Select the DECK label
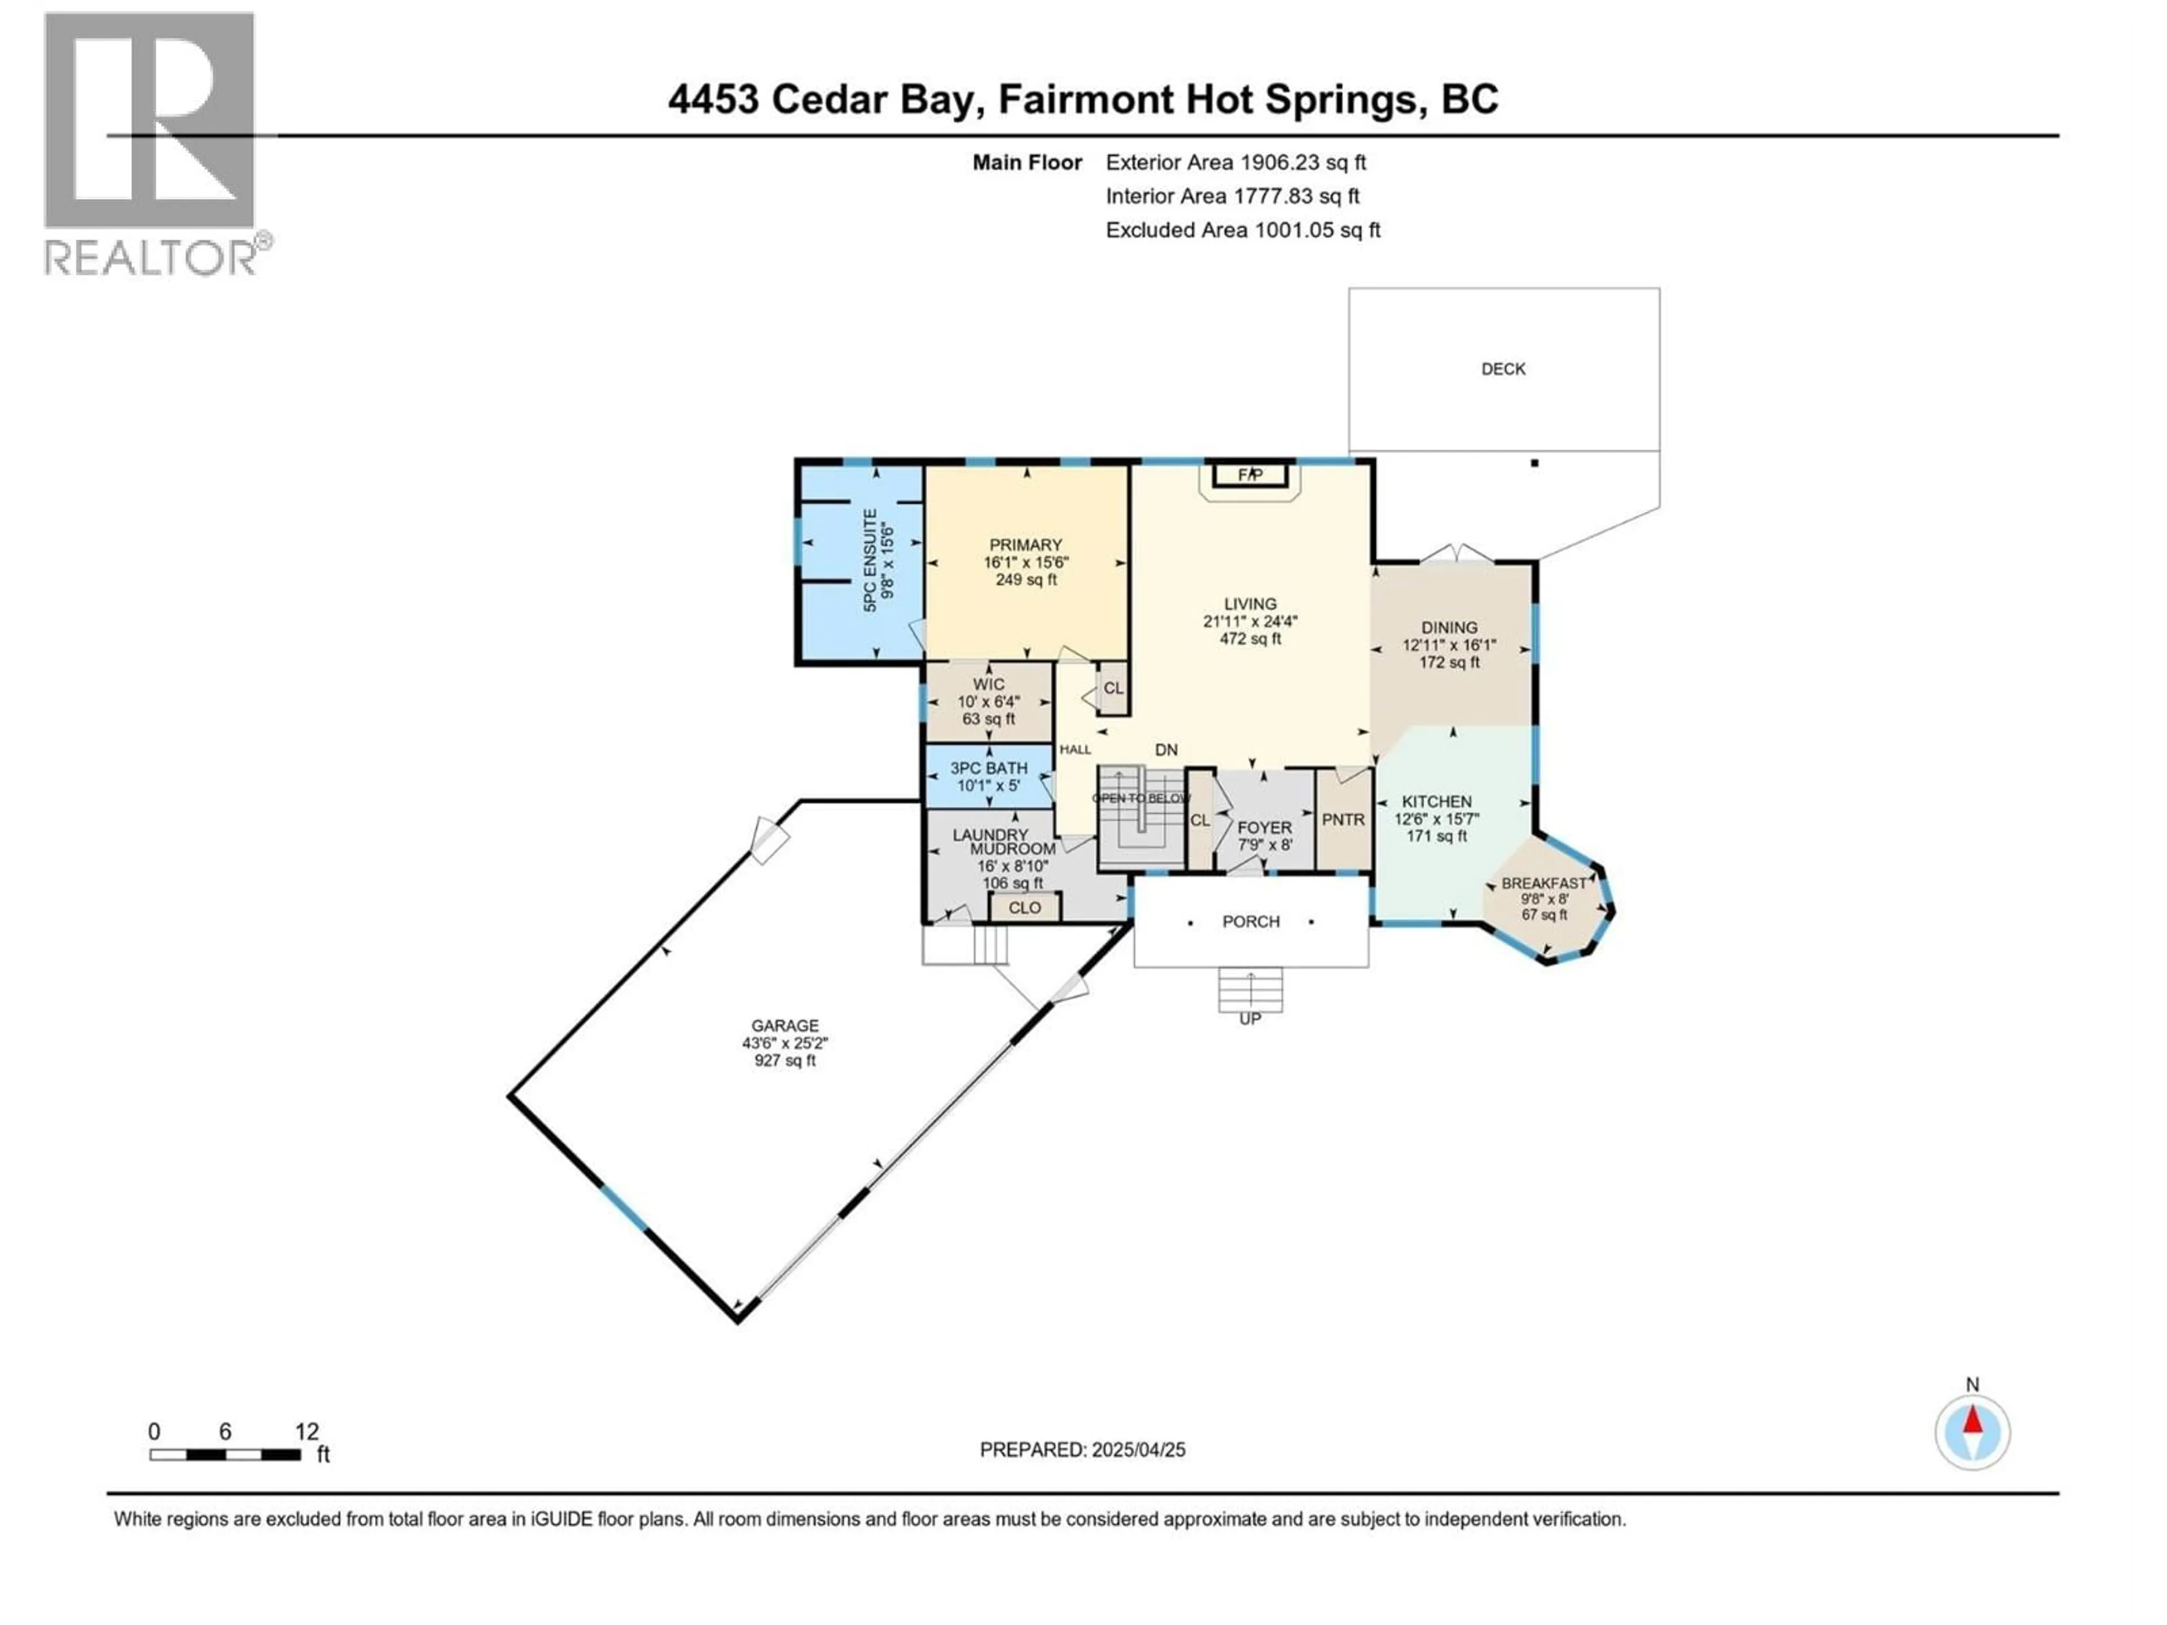[x=1503, y=369]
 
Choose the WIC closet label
[x=989, y=684]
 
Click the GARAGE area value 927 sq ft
[x=785, y=1061]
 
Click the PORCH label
[x=1251, y=922]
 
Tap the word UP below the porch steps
[x=1250, y=1018]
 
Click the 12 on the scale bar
[x=306, y=1432]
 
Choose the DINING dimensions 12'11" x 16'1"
[x=1449, y=645]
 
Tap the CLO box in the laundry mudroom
[x=1025, y=908]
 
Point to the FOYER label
[x=1264, y=828]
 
